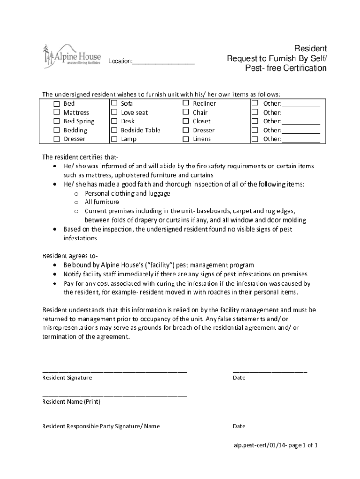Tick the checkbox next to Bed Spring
pyautogui.click(x=57, y=121)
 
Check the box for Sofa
pyautogui.click(x=114, y=103)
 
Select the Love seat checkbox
pyautogui.click(x=114, y=112)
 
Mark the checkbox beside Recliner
pyautogui.click(x=186, y=103)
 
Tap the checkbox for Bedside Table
pyautogui.click(x=114, y=130)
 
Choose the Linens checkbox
pyautogui.click(x=186, y=139)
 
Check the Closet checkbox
pyautogui.click(x=186, y=121)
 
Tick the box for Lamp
pyautogui.click(x=114, y=139)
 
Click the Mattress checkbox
pyautogui.click(x=57, y=112)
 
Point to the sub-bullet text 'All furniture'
pyautogui.click(x=101, y=202)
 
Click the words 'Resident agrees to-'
pyautogui.click(x=70, y=256)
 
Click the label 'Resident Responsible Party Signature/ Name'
pyautogui.click(x=101, y=426)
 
